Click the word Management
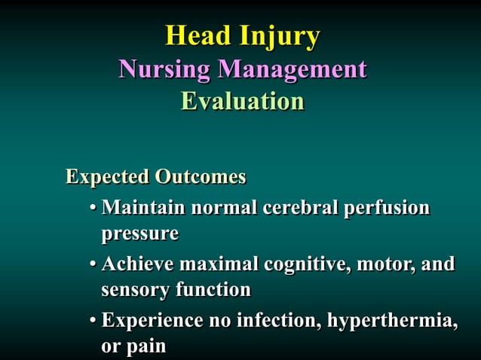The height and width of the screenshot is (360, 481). coord(292,70)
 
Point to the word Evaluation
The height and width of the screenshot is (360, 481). coord(242,101)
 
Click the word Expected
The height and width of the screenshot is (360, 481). coord(107,178)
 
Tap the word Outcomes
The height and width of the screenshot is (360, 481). coord(201,177)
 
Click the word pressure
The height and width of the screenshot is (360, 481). coord(139,234)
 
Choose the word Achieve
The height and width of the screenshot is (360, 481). coord(137,264)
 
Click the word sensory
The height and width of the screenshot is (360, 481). coord(136,290)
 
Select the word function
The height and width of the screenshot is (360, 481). coord(213,289)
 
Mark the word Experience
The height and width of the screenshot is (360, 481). coord(152,321)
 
